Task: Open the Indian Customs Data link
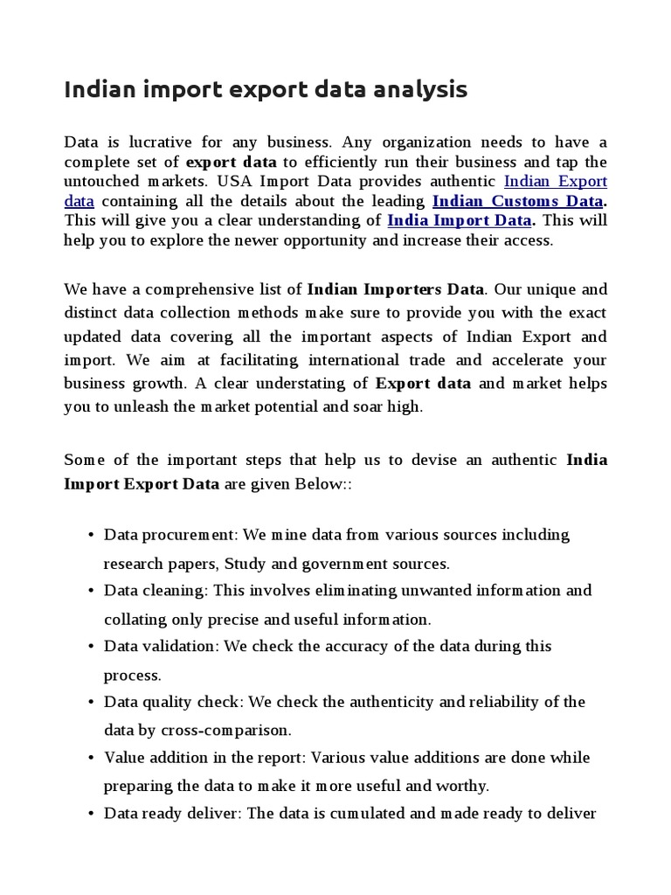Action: (517, 201)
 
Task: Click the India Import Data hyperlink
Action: (459, 220)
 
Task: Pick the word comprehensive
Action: (191, 288)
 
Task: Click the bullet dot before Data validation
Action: (91, 646)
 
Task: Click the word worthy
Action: (465, 785)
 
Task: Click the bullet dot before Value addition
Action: (91, 758)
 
